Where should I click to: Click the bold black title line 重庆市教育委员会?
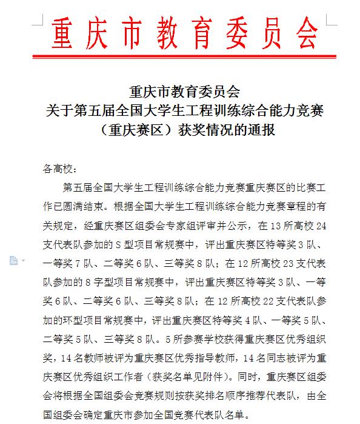(185, 92)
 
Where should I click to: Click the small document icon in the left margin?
(13, 260)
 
